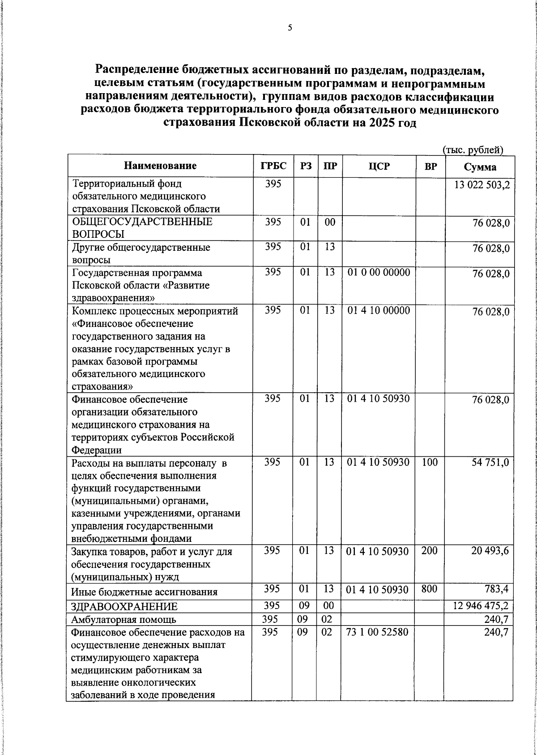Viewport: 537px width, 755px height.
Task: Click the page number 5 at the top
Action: (290, 28)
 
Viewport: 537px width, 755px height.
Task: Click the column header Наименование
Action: (160, 166)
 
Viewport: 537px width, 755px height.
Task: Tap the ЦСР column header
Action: (379, 166)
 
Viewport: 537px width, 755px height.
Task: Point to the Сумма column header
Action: (479, 167)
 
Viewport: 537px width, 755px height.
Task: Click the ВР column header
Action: (430, 166)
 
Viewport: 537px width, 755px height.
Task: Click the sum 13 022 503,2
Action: (482, 185)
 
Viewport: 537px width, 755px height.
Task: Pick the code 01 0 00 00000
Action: (379, 272)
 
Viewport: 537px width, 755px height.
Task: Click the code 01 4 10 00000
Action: (379, 310)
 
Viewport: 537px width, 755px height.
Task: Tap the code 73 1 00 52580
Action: (378, 632)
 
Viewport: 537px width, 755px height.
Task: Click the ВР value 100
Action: (430, 462)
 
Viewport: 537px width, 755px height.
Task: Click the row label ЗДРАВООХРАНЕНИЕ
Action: (125, 607)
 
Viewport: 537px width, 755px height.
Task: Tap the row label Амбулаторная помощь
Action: (124, 620)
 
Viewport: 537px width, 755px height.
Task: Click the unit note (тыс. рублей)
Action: (473, 150)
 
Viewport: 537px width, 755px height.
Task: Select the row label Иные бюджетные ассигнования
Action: (145, 592)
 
